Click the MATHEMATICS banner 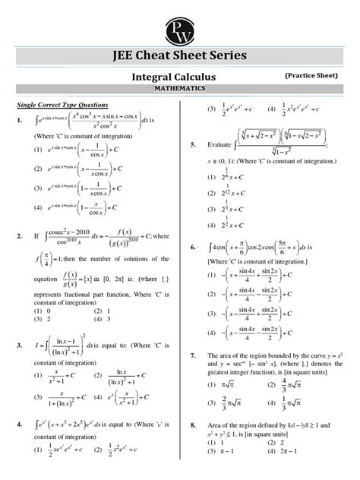click(179, 89)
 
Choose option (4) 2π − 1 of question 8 click(281, 472)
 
